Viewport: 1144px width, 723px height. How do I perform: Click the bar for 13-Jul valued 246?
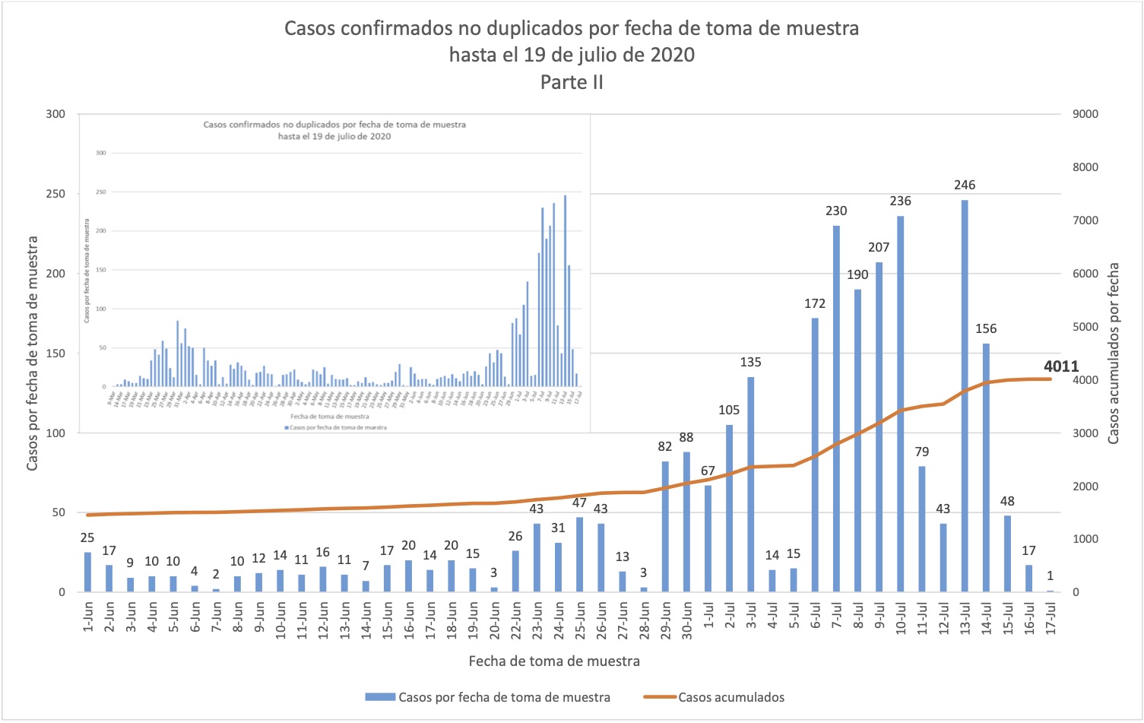(x=964, y=395)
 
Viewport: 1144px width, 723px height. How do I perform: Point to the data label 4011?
(x=1061, y=366)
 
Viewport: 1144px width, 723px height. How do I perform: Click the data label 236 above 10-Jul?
(x=900, y=201)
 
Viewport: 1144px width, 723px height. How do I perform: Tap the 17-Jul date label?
(x=1051, y=619)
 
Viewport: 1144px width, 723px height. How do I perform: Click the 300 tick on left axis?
(x=55, y=114)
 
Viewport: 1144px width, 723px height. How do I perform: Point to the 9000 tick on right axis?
(x=1085, y=114)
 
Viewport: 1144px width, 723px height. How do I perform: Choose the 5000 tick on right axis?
(x=1085, y=327)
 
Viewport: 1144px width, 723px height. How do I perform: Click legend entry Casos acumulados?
(x=730, y=697)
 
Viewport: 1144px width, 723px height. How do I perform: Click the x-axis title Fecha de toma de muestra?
(x=554, y=661)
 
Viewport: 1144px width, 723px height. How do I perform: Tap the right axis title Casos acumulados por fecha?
(x=1114, y=354)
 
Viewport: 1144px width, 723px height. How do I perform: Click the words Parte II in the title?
(x=572, y=82)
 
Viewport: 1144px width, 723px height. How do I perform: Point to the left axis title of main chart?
(x=32, y=354)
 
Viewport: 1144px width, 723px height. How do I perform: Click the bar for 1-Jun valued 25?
(x=87, y=572)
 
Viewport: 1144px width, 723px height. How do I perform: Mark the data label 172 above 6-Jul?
(x=815, y=303)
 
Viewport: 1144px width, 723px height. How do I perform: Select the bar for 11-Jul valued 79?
(x=921, y=529)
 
